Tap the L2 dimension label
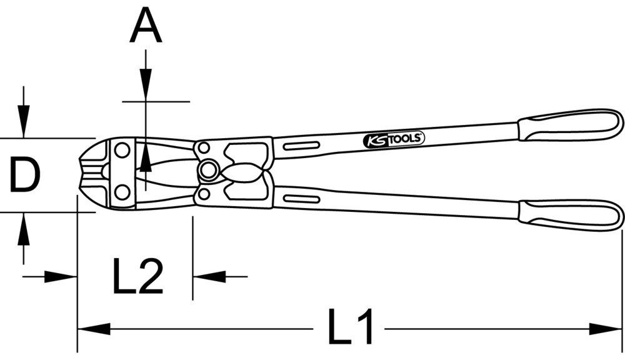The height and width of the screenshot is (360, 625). tap(138, 276)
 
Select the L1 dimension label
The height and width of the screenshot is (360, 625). tap(351, 327)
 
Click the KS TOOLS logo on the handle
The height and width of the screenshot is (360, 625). tap(393, 140)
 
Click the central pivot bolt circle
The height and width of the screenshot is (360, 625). tap(208, 169)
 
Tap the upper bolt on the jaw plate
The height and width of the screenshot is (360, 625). tap(122, 150)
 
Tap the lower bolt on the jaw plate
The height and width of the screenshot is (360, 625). tap(122, 190)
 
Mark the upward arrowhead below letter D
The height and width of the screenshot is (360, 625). tap(24, 229)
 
